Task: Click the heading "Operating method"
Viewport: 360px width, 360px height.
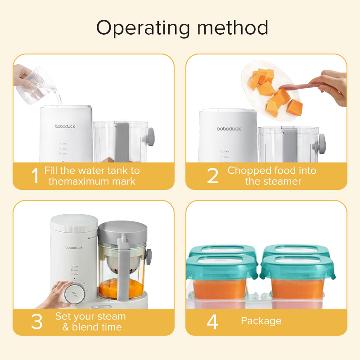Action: point(182,28)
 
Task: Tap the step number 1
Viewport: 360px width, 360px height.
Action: point(35,176)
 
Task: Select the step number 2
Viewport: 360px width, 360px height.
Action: point(212,176)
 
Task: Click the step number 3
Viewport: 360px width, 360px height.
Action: point(36,322)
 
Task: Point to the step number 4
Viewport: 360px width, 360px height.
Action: point(212,322)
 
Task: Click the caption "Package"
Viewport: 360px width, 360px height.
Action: point(261,321)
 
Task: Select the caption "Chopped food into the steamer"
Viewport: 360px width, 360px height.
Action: point(272,176)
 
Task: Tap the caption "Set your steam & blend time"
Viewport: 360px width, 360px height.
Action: point(91,322)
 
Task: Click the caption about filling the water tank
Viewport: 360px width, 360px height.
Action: point(92,176)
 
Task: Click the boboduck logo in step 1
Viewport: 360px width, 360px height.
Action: point(65,127)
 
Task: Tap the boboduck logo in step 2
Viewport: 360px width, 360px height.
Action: point(229,129)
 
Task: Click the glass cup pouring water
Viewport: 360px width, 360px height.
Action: point(37,83)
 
